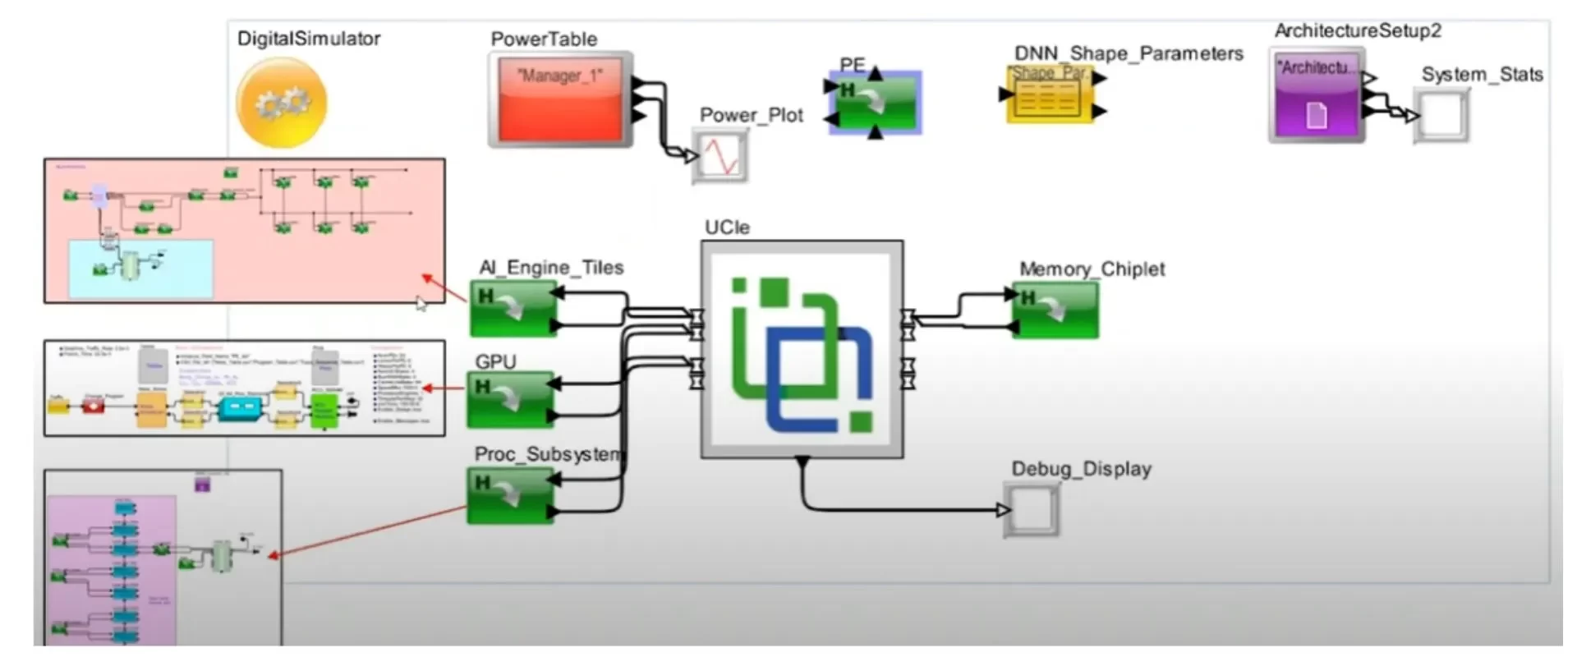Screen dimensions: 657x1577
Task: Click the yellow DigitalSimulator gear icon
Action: point(281,103)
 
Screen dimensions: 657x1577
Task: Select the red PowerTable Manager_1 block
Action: point(560,99)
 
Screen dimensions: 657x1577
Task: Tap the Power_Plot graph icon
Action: point(721,155)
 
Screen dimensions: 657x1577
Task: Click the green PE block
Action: point(876,102)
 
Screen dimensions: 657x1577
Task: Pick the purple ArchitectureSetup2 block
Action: point(1317,94)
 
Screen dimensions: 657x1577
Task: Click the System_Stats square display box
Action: point(1442,117)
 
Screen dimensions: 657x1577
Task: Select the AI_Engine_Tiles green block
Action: point(513,309)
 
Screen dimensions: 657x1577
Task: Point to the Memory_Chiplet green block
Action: point(1055,310)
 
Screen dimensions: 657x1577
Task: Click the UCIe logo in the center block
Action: point(802,354)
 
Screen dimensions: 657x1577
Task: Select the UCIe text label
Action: point(727,227)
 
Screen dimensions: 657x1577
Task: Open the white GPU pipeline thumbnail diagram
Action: point(244,388)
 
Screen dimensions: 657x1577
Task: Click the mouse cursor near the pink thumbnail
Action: point(421,304)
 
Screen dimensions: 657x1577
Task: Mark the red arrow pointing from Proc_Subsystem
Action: point(370,531)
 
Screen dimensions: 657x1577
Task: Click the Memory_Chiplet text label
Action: point(1092,269)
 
